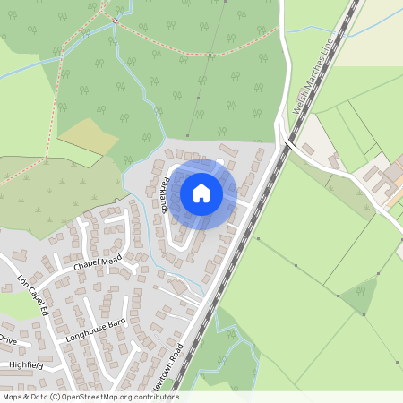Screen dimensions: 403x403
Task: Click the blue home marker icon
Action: pos(201,193)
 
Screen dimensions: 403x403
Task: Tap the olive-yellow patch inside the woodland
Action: pos(89,135)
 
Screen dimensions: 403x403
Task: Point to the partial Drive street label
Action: pos(8,341)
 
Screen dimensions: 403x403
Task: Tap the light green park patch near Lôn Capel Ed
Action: pos(18,305)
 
